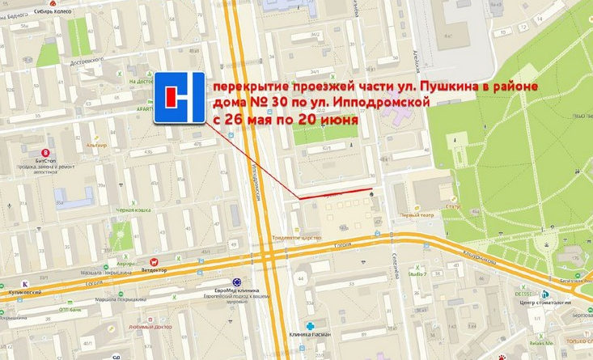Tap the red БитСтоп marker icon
(46, 150)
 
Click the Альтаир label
(97, 144)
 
